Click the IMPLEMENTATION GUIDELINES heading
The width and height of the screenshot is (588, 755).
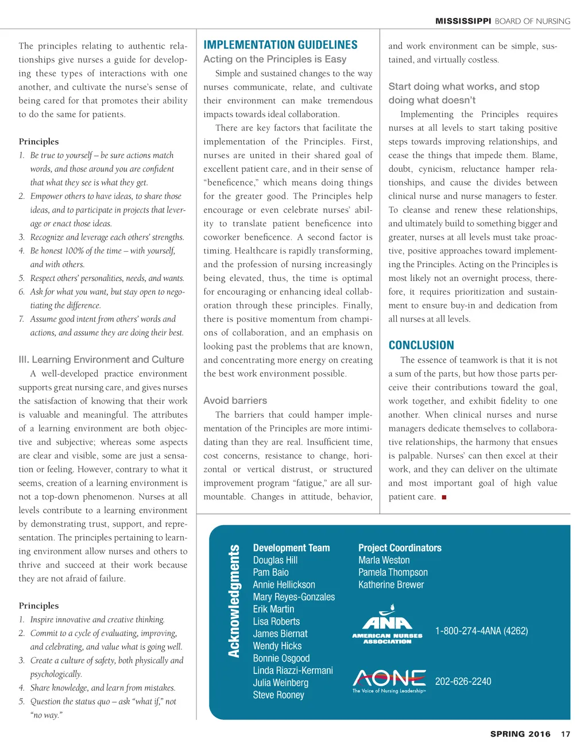[280, 45]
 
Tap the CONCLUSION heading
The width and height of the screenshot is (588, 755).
[421, 345]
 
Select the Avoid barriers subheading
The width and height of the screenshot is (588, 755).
[235, 400]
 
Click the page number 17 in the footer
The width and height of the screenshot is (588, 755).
[566, 734]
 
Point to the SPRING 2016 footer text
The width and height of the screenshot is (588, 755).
[520, 734]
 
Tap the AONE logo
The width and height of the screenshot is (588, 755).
[389, 681]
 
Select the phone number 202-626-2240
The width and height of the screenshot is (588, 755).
[463, 681]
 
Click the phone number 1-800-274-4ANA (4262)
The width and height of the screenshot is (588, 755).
[481, 631]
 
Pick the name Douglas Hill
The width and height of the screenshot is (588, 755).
[275, 560]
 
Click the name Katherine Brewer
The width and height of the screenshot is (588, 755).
[391, 585]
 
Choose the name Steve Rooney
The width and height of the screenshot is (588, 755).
[278, 695]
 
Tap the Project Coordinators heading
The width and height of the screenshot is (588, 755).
[400, 548]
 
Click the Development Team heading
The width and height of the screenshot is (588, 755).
[291, 548]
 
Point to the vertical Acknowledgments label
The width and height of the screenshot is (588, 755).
[234, 601]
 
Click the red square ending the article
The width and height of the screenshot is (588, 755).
[444, 497]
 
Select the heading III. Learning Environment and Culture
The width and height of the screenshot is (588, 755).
[101, 360]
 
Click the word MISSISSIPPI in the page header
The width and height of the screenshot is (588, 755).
[463, 21]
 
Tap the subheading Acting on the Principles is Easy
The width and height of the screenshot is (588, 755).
[274, 59]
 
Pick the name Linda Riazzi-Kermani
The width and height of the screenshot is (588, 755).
[293, 671]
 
